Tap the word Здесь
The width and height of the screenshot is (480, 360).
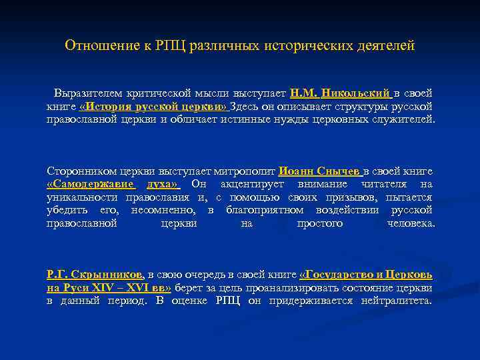tap(245, 106)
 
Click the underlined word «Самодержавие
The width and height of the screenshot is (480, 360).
tap(91, 184)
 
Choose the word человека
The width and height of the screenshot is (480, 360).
tap(411, 223)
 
